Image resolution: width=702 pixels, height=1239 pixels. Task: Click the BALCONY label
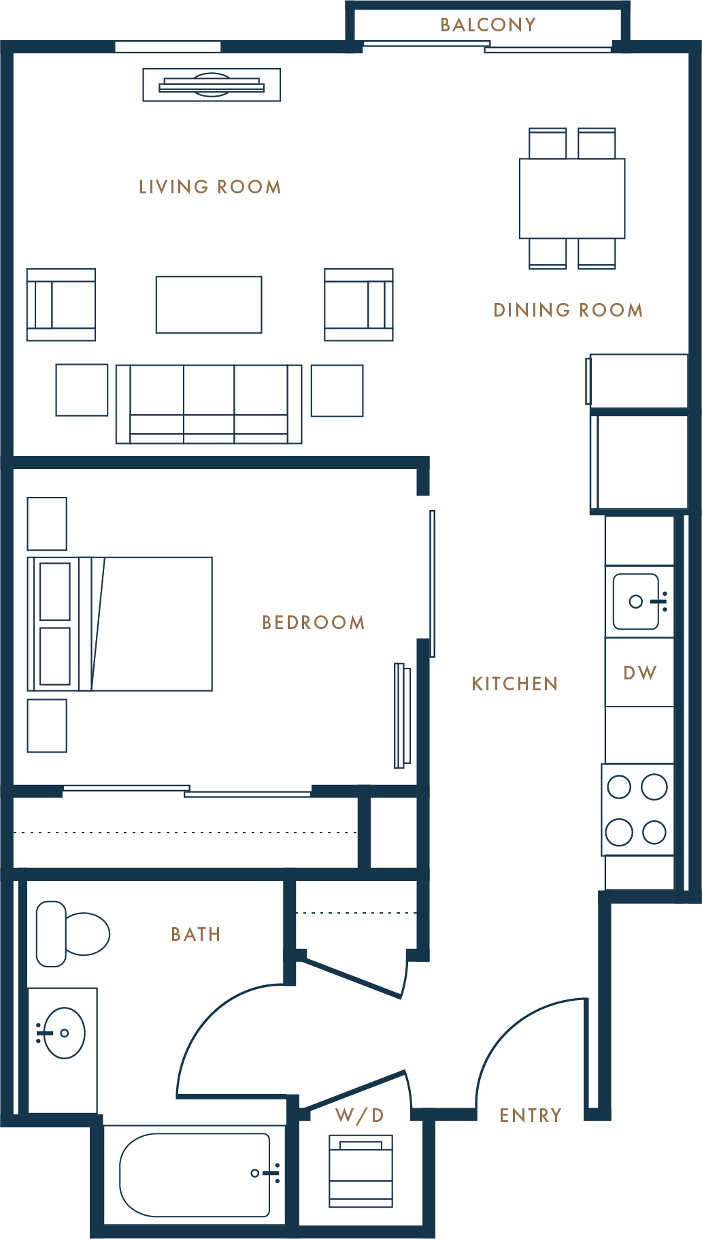[488, 25]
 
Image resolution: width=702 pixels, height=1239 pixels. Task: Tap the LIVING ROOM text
[210, 187]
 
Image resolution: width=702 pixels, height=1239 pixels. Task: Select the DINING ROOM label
[568, 310]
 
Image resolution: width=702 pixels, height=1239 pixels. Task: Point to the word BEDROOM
[314, 622]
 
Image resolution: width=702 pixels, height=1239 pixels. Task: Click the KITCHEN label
[515, 683]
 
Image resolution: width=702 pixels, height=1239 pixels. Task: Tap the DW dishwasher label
[639, 673]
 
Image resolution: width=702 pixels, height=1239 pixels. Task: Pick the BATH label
[196, 934]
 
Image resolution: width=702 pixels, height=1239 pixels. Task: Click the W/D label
[359, 1115]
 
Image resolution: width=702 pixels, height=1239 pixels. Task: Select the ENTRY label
[531, 1115]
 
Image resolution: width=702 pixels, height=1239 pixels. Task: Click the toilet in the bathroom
[73, 934]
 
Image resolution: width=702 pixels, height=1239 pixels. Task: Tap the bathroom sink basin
[64, 1033]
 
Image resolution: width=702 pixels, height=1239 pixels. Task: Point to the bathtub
[195, 1175]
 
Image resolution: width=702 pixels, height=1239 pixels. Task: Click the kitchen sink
[636, 601]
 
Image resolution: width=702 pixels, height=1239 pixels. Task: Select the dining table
[572, 198]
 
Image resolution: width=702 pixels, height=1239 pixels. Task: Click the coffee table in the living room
[209, 305]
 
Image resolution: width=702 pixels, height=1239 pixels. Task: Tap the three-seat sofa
[209, 404]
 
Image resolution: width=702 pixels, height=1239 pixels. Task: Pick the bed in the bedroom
[120, 624]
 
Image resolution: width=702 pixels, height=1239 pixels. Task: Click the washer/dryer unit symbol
[361, 1170]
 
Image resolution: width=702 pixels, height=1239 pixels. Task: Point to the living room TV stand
[212, 85]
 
